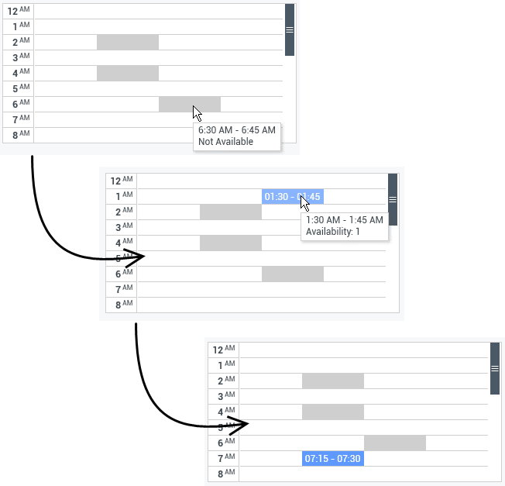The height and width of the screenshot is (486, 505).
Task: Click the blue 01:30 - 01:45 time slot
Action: click(x=293, y=196)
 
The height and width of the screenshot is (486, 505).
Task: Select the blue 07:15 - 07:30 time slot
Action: click(x=333, y=458)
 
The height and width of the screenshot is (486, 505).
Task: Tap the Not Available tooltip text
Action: click(x=225, y=142)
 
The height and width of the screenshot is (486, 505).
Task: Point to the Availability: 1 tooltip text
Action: click(x=332, y=232)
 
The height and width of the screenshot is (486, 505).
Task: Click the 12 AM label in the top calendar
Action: click(x=19, y=11)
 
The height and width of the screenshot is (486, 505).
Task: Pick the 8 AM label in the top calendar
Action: click(x=21, y=135)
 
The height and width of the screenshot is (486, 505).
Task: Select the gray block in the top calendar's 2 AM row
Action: click(x=128, y=42)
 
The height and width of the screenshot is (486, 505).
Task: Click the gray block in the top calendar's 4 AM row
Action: click(x=128, y=73)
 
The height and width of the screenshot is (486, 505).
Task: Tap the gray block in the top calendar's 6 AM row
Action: click(x=190, y=104)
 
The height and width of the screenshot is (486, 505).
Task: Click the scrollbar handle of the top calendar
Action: click(x=290, y=29)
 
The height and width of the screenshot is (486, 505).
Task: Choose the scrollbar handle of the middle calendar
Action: click(x=393, y=199)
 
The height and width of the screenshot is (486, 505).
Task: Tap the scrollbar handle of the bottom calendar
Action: click(x=495, y=368)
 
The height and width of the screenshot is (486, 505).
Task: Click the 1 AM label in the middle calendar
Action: click(x=124, y=195)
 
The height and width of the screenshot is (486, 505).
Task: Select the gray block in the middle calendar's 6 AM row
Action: click(x=293, y=274)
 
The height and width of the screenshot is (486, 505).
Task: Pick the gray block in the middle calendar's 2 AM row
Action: click(x=231, y=212)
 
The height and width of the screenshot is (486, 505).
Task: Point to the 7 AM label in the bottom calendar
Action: click(x=226, y=458)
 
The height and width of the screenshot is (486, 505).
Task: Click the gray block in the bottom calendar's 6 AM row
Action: click(x=395, y=443)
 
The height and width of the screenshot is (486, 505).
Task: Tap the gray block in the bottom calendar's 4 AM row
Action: click(x=333, y=412)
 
